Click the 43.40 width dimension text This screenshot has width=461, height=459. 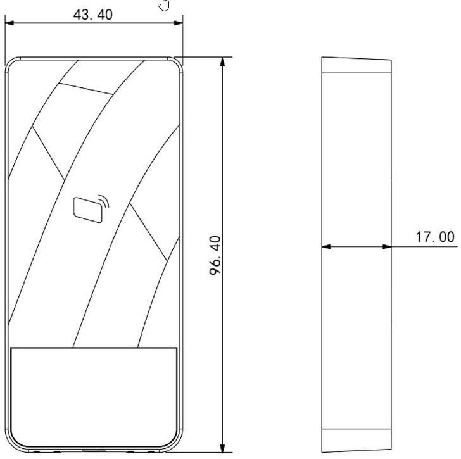pos(92,15)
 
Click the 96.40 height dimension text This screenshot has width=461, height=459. pos(215,255)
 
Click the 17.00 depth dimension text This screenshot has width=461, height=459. pos(435,237)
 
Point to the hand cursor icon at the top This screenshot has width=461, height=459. pos(164,4)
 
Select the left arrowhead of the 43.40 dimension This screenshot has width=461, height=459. pos(9,23)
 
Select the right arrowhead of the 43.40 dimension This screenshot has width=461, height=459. pos(179,23)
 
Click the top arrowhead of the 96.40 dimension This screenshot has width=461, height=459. pos(222,61)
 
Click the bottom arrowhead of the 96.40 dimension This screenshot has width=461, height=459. pos(222,448)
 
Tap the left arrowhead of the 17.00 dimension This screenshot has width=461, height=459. pos(326,246)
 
